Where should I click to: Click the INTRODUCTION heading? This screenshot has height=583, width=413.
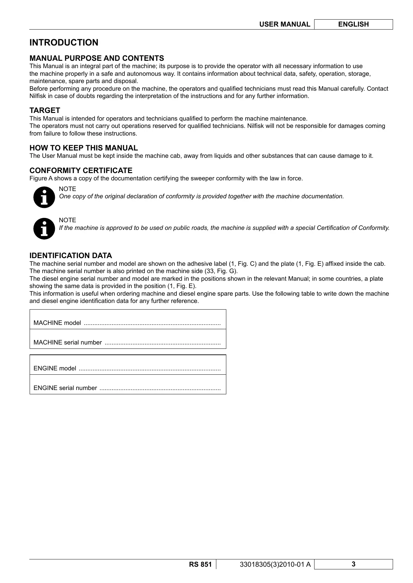click(x=64, y=43)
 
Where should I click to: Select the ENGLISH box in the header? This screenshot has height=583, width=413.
click(x=353, y=24)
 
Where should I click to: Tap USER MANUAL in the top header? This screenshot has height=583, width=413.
click(x=285, y=24)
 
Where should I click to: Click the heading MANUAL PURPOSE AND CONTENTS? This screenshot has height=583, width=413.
click(x=97, y=58)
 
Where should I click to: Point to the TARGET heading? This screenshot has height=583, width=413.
click(x=45, y=110)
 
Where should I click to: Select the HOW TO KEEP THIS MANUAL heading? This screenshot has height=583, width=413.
click(x=84, y=148)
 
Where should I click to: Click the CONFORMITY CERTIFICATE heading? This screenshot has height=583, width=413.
click(x=81, y=170)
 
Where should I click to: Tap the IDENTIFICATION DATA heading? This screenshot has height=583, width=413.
click(x=71, y=255)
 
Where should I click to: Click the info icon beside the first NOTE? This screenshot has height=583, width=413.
click(x=44, y=197)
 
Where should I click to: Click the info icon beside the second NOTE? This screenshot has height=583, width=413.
click(x=44, y=229)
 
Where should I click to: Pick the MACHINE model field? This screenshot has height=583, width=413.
click(x=128, y=323)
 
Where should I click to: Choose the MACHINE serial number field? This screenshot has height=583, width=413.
click(x=128, y=342)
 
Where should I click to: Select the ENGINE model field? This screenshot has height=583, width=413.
click(x=128, y=368)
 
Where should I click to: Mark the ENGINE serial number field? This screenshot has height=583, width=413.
click(x=128, y=388)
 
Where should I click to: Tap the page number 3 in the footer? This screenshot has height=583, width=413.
click(x=353, y=564)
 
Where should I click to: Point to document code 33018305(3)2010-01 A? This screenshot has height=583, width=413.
click(x=275, y=564)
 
